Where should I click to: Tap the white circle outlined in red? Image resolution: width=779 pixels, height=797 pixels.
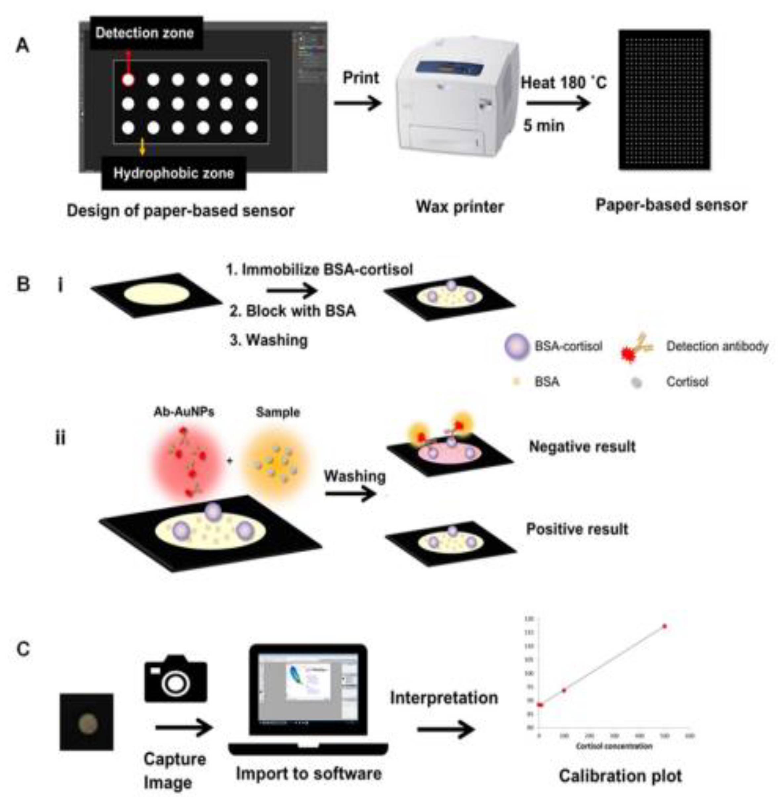pyautogui.click(x=128, y=79)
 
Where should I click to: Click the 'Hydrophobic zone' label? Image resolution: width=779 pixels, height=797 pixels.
pyautogui.click(x=174, y=173)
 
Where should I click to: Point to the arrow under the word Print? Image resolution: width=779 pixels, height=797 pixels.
pyautogui.click(x=357, y=102)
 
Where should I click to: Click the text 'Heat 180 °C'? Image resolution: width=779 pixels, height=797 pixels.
pyautogui.click(x=563, y=83)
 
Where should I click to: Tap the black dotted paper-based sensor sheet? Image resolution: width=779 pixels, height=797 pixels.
pyautogui.click(x=665, y=100)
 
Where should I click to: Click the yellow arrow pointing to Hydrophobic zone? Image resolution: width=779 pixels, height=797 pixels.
pyautogui.click(x=142, y=147)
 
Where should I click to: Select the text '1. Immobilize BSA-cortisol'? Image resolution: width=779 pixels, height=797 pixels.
pyautogui.click(x=319, y=270)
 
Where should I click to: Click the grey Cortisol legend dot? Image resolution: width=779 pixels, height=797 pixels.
pyautogui.click(x=636, y=383)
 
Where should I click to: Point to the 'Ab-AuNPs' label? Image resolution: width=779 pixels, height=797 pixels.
pyautogui.click(x=184, y=412)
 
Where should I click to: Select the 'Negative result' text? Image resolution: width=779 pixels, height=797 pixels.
pyautogui.click(x=582, y=446)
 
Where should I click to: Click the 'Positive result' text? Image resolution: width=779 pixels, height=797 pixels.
pyautogui.click(x=577, y=529)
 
